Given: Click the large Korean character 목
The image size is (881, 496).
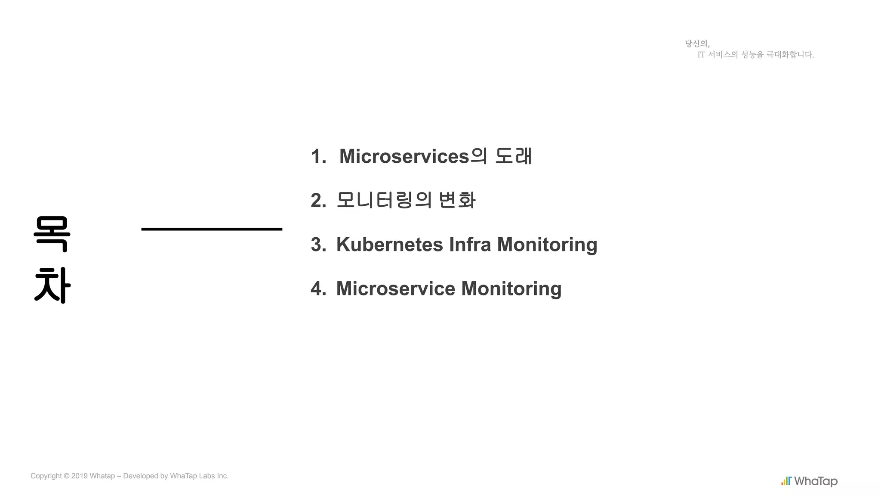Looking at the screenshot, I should pyautogui.click(x=52, y=234).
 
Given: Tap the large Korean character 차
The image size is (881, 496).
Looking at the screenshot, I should pyautogui.click(x=52, y=285).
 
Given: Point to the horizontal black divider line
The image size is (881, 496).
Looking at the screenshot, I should pyautogui.click(x=212, y=229).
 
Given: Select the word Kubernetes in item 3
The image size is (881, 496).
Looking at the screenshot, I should pyautogui.click(x=389, y=245).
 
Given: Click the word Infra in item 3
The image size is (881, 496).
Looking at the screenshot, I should pyautogui.click(x=470, y=245).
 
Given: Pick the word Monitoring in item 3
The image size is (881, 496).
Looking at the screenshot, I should pyautogui.click(x=547, y=245).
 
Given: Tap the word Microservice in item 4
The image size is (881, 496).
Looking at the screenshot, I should pyautogui.click(x=395, y=288).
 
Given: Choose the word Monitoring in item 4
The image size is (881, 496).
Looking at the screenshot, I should pyautogui.click(x=511, y=288).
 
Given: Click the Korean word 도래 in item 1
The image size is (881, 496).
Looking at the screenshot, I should pyautogui.click(x=514, y=156).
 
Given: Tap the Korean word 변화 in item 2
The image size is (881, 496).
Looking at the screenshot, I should pyautogui.click(x=457, y=200).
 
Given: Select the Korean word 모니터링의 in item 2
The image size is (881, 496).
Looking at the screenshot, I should pyautogui.click(x=384, y=200).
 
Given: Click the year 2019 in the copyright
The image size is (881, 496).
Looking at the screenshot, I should pyautogui.click(x=80, y=476).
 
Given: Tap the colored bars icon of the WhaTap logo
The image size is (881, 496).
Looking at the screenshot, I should pyautogui.click(x=786, y=481).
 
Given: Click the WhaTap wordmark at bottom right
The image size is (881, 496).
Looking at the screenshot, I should pyautogui.click(x=816, y=481).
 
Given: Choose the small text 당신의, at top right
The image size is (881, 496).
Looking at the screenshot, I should pyautogui.click(x=697, y=43).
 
